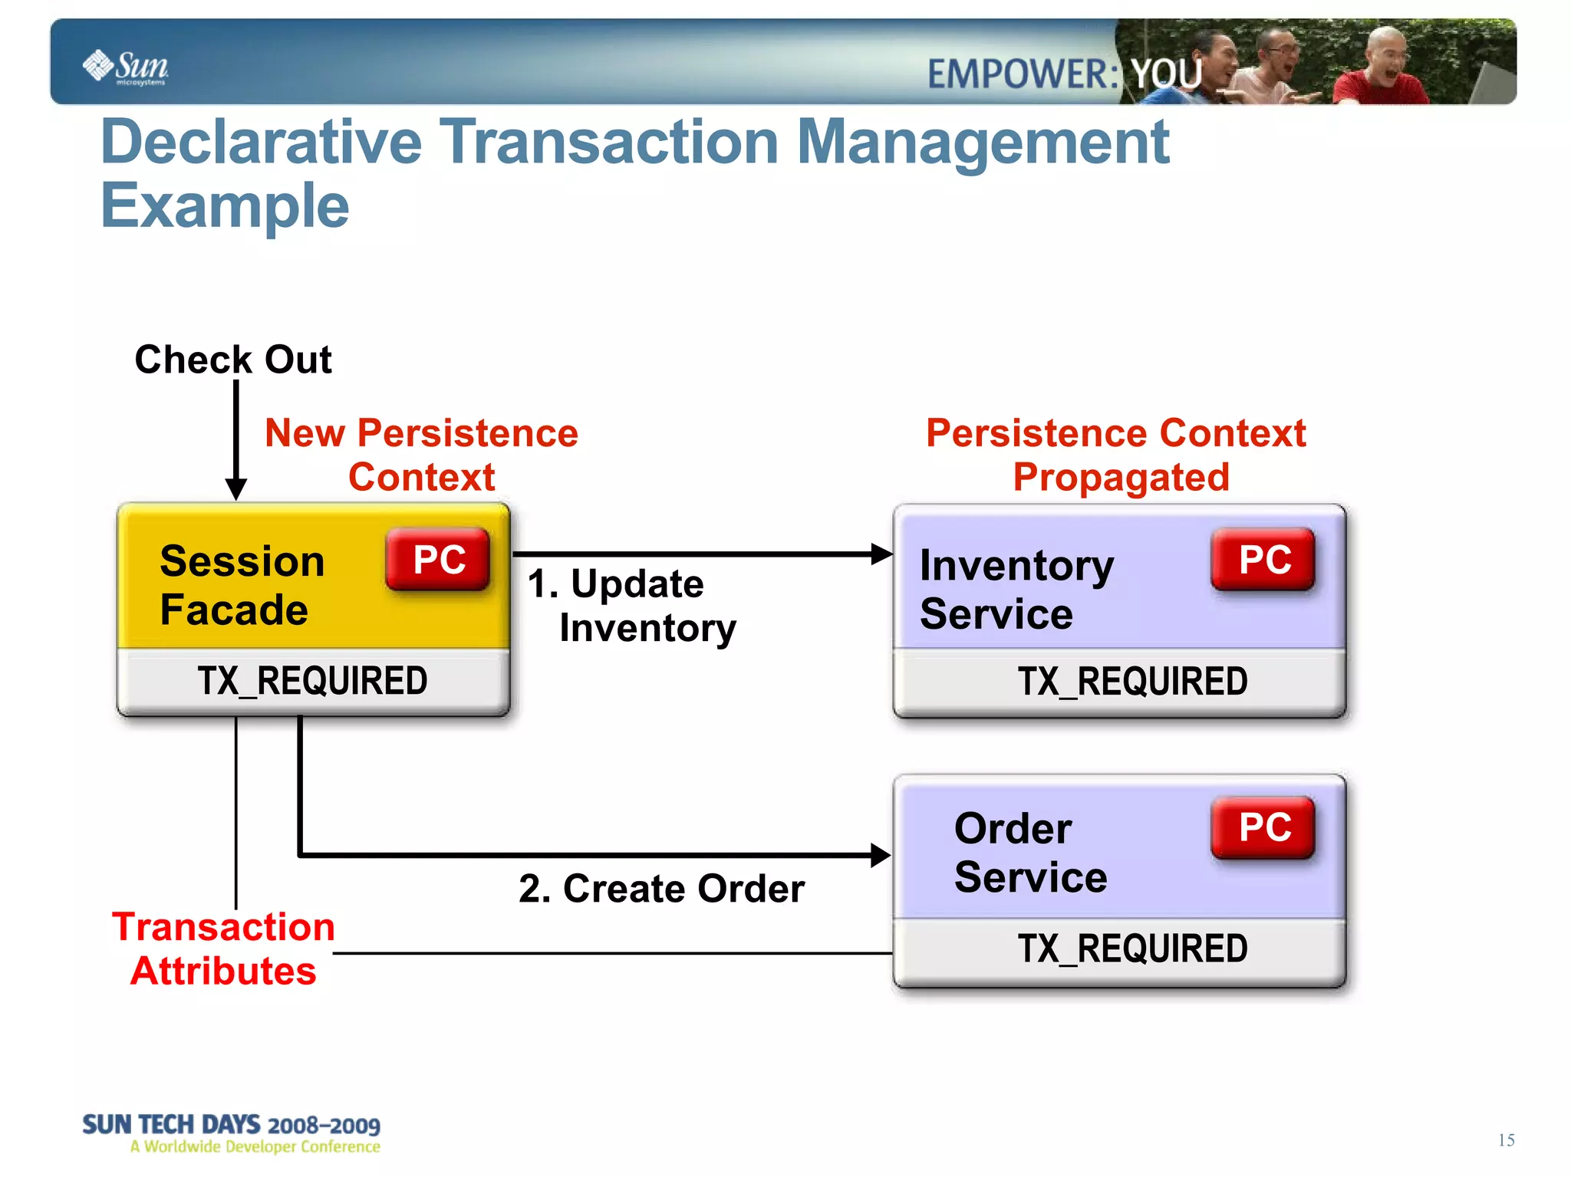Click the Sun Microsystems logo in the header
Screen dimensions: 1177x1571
coord(125,67)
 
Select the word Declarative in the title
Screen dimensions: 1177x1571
coord(262,143)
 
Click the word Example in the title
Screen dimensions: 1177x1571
coord(225,206)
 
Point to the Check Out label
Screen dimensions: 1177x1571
coord(233,360)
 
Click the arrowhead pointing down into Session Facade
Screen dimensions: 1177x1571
coord(236,488)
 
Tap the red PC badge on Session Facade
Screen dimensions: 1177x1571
coord(439,559)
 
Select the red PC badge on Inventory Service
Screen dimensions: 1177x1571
coord(1264,559)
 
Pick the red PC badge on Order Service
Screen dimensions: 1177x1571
coord(1264,827)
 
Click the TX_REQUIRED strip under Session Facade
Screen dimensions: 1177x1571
coord(312,681)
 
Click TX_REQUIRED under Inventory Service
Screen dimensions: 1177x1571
coord(1131,682)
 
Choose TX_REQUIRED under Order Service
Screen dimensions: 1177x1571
coord(1131,949)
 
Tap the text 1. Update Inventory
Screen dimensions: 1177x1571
coord(631,606)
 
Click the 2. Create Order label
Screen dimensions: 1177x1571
coord(661,889)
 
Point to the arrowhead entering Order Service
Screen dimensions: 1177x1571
coord(881,855)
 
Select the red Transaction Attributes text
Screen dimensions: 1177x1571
coord(223,949)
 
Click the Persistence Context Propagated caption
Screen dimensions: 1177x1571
coord(1117,455)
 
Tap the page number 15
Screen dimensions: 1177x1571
coord(1506,1140)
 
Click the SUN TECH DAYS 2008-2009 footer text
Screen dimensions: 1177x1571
coord(231,1125)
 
